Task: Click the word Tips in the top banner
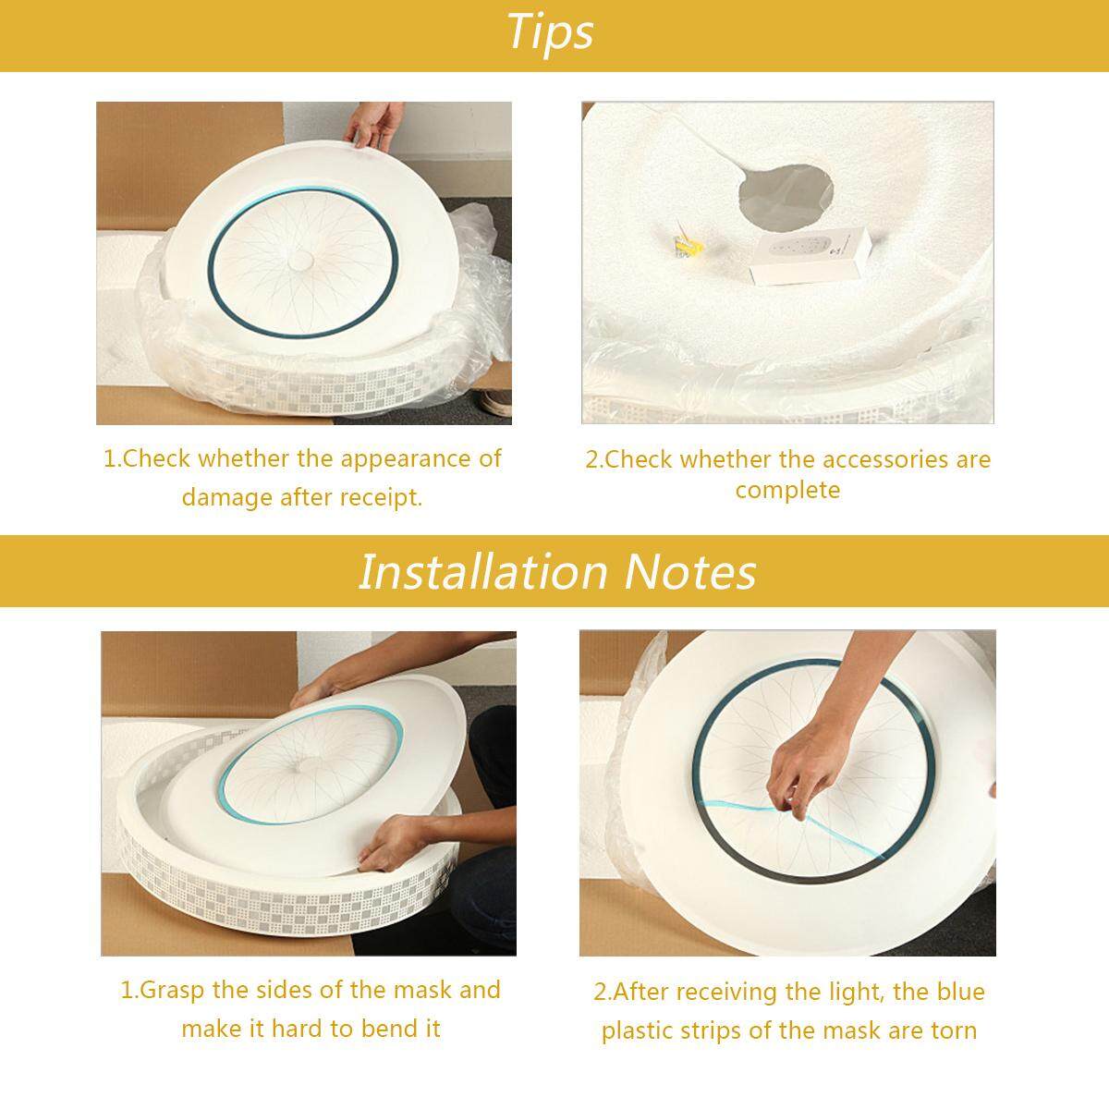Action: point(550,32)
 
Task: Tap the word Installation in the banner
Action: point(482,572)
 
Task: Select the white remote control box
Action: point(810,254)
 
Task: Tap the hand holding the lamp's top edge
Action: point(374,125)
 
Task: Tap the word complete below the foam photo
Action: point(787,491)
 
